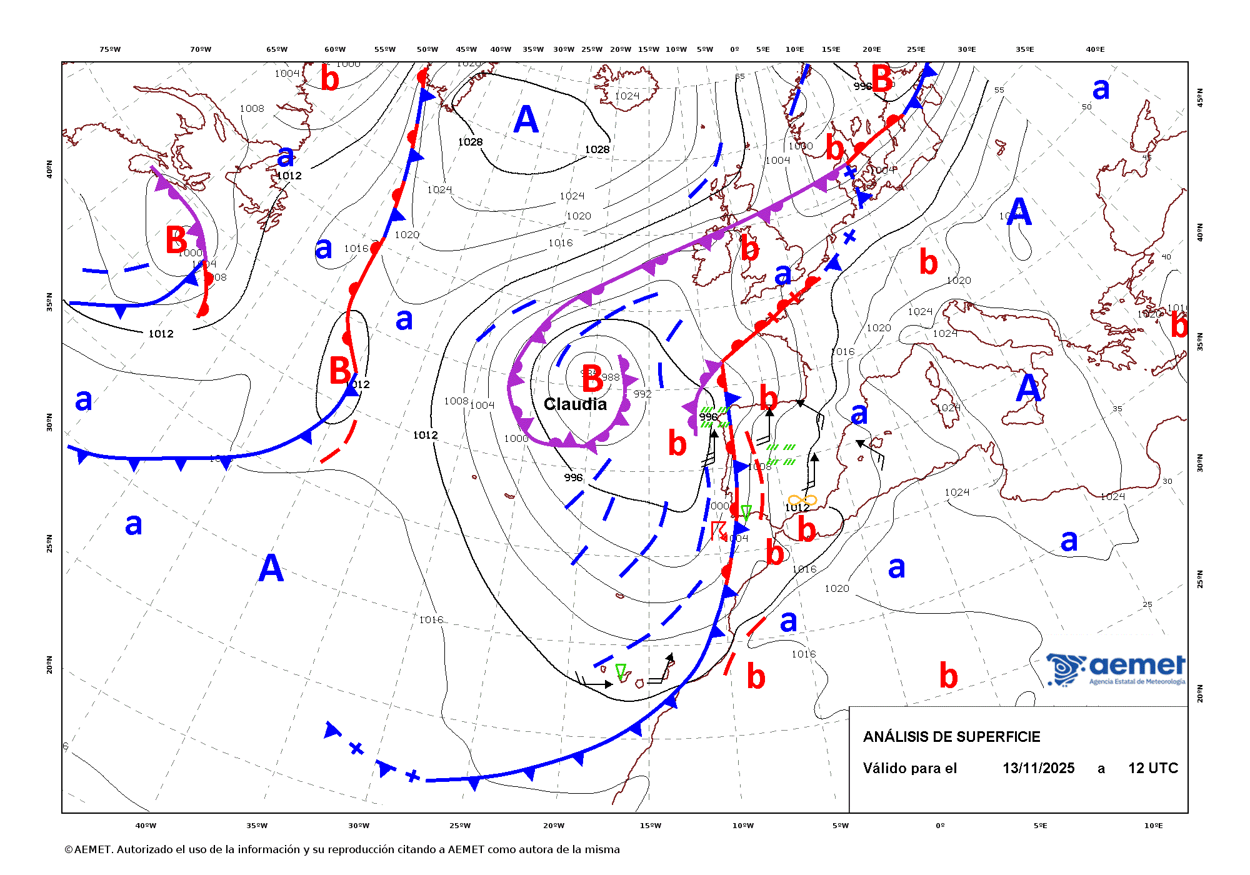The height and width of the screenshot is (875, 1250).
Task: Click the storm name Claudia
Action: pyautogui.click(x=575, y=404)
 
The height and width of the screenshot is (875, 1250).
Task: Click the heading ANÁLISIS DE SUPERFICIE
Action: pyautogui.click(x=951, y=737)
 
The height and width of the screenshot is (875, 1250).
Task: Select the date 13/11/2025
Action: pyautogui.click(x=1038, y=768)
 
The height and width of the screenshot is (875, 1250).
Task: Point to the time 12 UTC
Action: pyautogui.click(x=1152, y=768)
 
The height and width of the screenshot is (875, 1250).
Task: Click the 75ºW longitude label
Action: pyautogui.click(x=110, y=49)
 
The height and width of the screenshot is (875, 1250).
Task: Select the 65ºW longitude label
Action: pyautogui.click(x=277, y=49)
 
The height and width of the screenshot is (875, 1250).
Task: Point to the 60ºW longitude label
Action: pyautogui.click(x=335, y=49)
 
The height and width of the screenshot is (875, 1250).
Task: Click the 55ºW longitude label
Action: pyautogui.click(x=385, y=49)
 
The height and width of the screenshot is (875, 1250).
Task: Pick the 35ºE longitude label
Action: pyautogui.click(x=1024, y=49)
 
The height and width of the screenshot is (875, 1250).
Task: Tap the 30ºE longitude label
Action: pyautogui.click(x=966, y=49)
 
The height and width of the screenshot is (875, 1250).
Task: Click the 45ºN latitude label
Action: pyautogui.click(x=1199, y=97)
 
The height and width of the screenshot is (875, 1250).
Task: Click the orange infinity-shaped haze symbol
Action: pyautogui.click(x=802, y=499)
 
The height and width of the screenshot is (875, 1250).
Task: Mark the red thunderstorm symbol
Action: pyautogui.click(x=719, y=531)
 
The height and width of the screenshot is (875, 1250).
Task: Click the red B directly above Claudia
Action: pyautogui.click(x=592, y=379)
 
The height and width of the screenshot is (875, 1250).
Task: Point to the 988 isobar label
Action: pyautogui.click(x=611, y=377)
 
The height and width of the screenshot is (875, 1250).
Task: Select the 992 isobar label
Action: pyautogui.click(x=642, y=394)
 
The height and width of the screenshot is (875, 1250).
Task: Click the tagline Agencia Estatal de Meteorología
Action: pyautogui.click(x=1137, y=681)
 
